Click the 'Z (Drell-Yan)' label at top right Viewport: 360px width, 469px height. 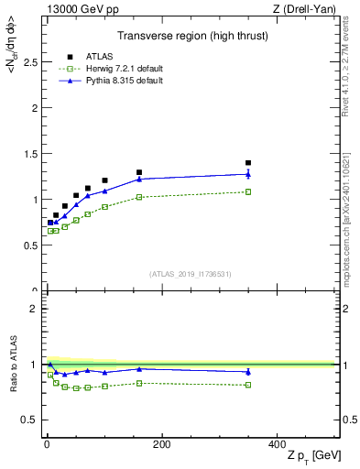click(x=309, y=8)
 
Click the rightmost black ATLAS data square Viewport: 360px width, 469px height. click(x=247, y=163)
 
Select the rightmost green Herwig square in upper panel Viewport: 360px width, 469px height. click(x=247, y=191)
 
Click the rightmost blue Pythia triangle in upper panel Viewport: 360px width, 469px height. click(x=247, y=174)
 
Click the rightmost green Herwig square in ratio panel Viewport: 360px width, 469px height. click(x=247, y=385)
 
